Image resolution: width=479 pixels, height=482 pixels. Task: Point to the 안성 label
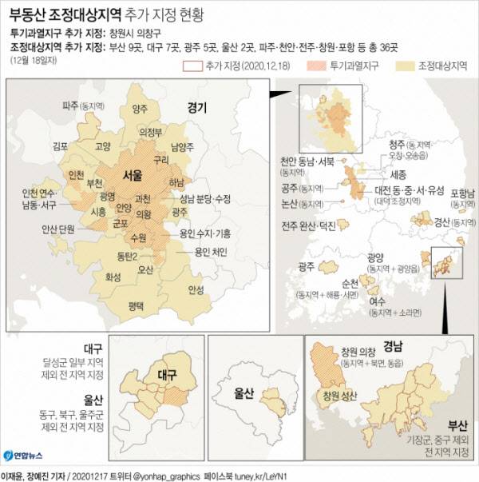coord(196,289)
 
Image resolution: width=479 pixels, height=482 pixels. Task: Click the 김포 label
coord(59,146)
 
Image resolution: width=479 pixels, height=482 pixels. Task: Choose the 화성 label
coord(114,278)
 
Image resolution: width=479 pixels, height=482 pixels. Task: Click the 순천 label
coord(349,283)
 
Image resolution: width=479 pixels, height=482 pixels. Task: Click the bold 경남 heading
coord(394,347)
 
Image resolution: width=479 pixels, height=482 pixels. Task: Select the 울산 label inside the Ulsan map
coord(243,393)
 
